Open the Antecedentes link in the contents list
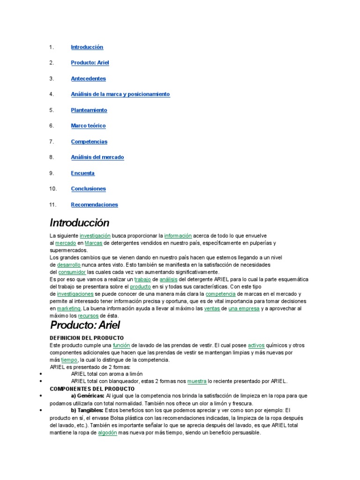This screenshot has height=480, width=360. (88, 79)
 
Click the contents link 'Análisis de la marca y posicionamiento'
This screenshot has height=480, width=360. (120, 94)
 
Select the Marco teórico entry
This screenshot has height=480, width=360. (88, 126)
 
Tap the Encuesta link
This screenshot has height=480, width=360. (82, 173)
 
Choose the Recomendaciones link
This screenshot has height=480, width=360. (94, 204)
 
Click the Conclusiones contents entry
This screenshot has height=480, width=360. (88, 189)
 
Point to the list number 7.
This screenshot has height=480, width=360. (52, 142)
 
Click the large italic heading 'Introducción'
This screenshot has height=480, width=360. (79, 223)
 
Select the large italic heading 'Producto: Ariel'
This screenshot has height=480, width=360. (85, 325)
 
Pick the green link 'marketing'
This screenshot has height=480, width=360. (69, 309)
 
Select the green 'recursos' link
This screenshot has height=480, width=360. (88, 316)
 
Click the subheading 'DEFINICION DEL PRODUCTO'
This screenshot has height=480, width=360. (87, 337)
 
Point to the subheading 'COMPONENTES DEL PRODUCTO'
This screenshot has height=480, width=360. (92, 389)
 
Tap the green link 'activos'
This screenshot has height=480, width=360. (256, 345)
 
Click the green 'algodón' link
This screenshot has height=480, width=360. (107, 433)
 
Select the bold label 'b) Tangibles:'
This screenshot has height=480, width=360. (87, 411)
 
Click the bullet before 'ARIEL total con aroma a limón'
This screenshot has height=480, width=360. (42, 374)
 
